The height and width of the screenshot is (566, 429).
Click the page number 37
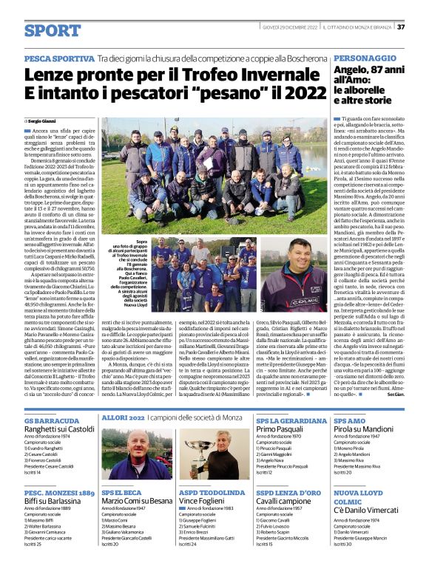400,27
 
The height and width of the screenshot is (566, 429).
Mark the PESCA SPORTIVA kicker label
59,57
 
